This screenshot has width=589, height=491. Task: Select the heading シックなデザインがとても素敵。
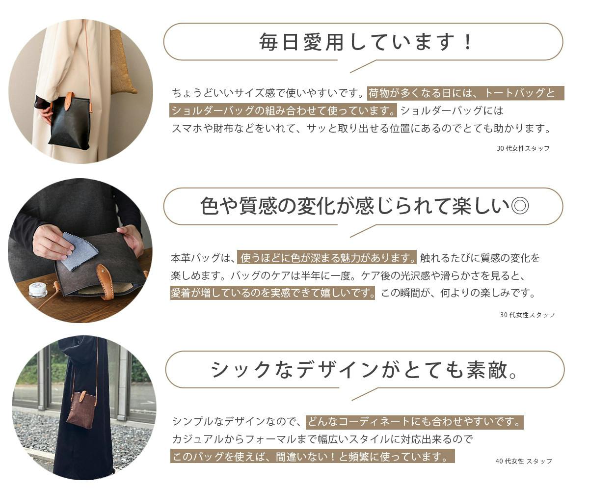coord(365,370)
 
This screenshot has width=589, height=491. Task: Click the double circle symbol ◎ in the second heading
coord(520,206)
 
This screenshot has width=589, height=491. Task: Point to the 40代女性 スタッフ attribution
coord(524,461)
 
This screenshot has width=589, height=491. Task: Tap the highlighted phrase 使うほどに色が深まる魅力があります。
coord(327,258)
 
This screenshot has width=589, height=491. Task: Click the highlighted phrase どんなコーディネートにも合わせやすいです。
coord(415,422)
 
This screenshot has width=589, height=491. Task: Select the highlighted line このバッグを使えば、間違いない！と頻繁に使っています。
coord(313,456)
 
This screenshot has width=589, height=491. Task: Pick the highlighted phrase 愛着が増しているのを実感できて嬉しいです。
coord(272,293)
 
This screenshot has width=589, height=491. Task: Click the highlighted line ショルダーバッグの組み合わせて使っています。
coord(283,110)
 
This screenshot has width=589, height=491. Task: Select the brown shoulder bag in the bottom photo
coord(80,409)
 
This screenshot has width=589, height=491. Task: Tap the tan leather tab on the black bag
coord(69,101)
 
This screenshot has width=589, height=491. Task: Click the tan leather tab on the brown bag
coord(83,398)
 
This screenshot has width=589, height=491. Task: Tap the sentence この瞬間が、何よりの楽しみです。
coord(458,293)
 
